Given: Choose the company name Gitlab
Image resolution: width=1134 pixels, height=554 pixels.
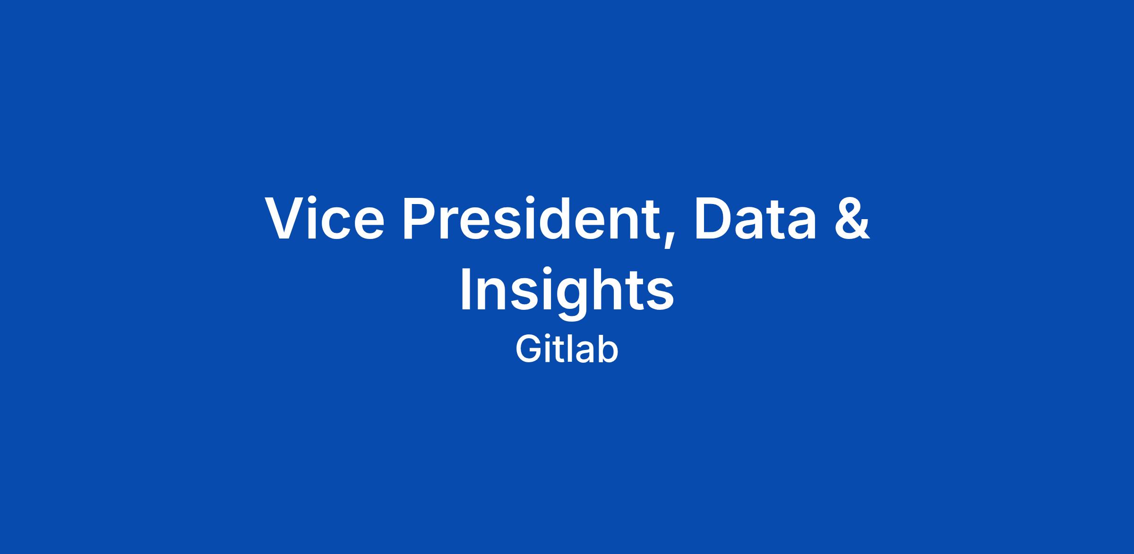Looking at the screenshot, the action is [567, 350].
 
